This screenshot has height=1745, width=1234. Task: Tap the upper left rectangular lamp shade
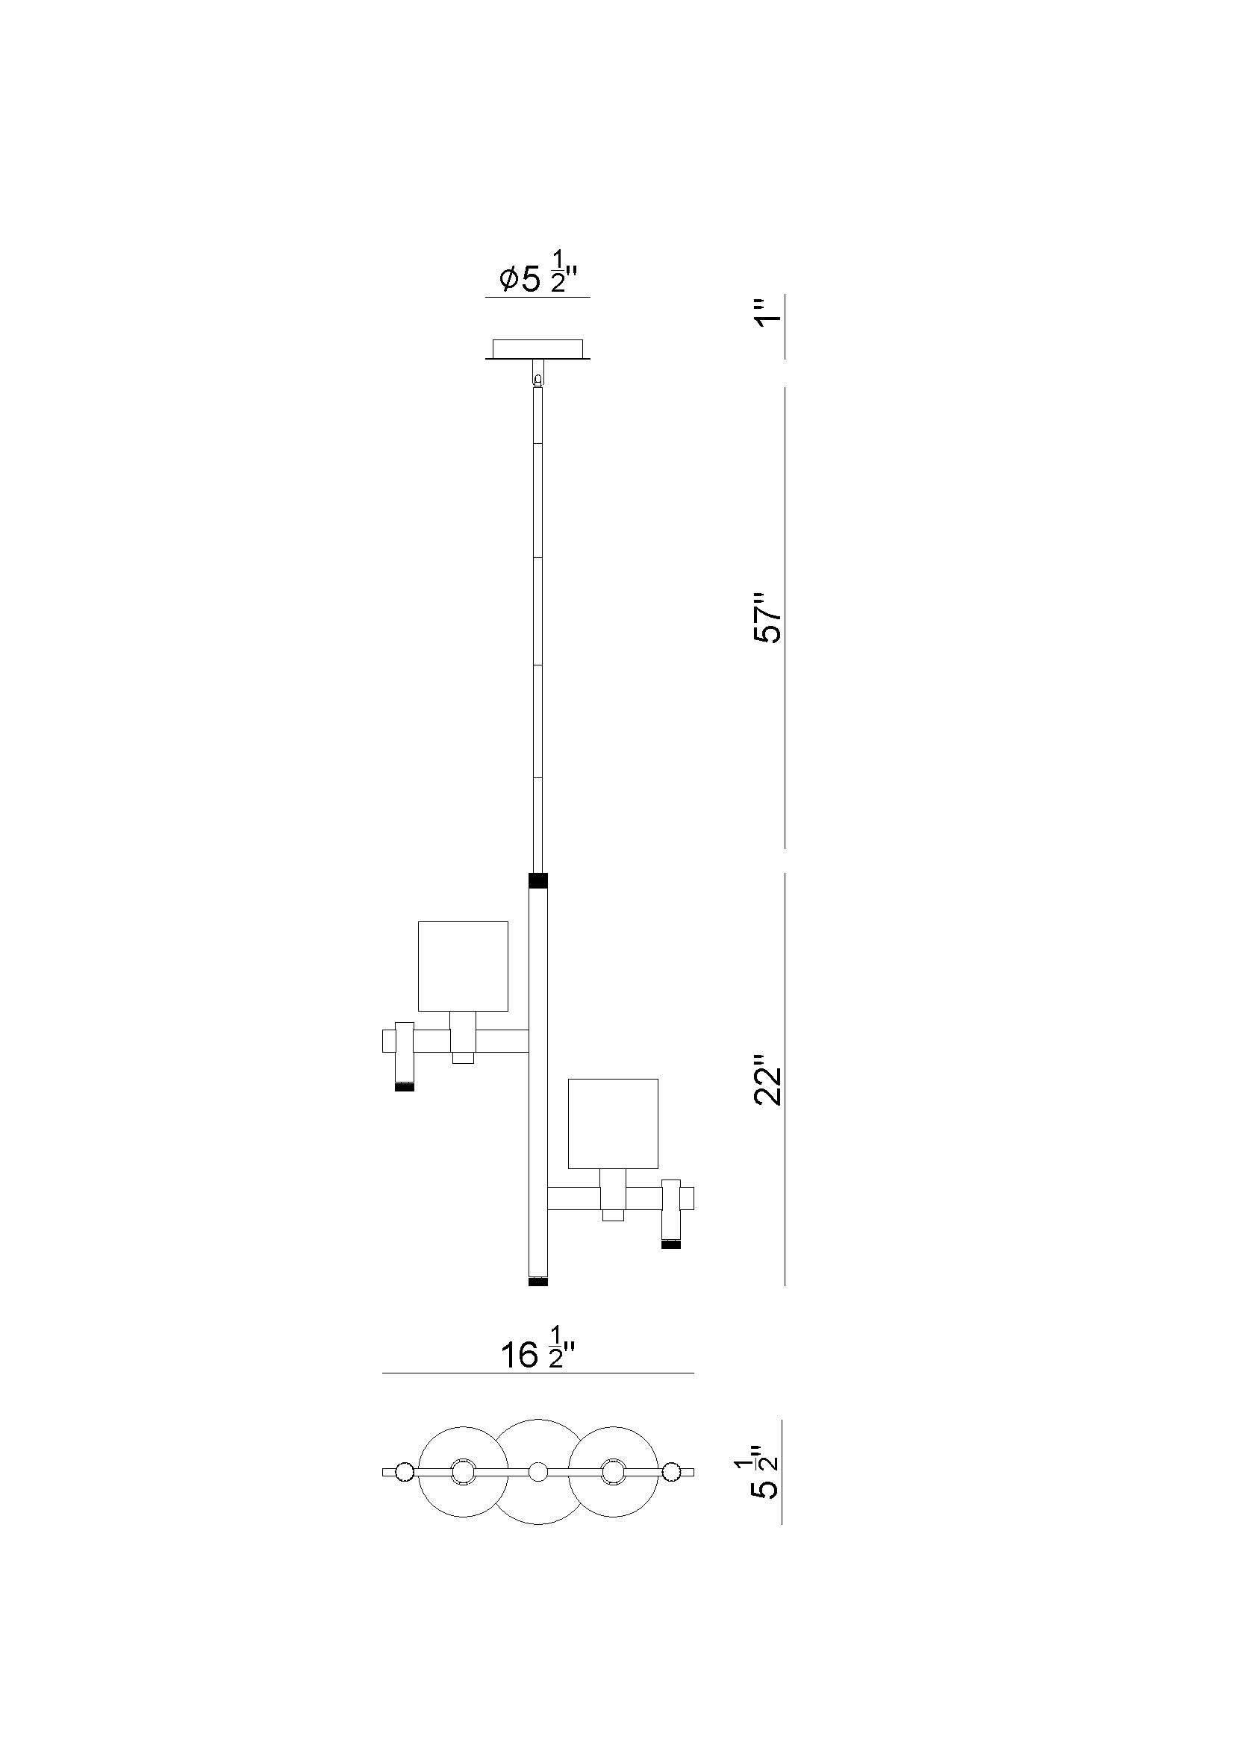coord(463,966)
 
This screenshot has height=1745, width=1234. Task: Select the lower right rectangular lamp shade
coord(613,1124)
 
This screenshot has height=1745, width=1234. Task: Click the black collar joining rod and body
coord(537,881)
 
